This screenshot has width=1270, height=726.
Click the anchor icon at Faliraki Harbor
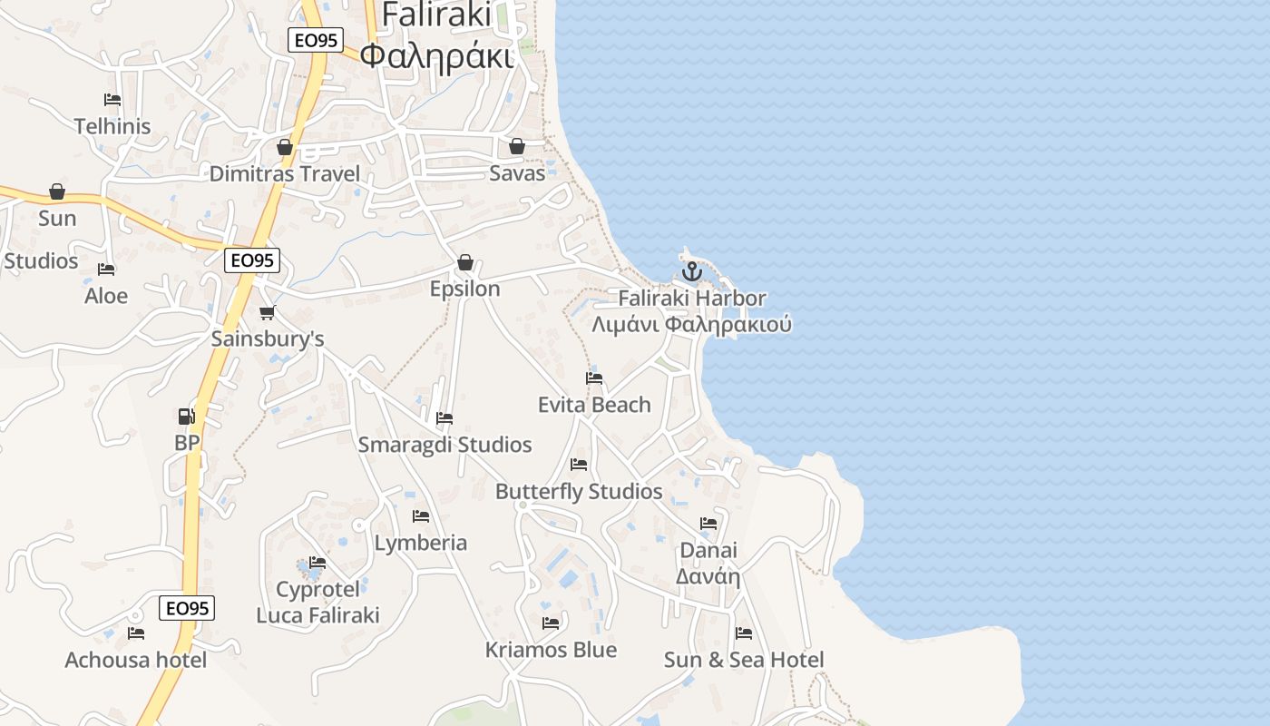692,270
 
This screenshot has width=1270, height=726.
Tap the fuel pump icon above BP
186,417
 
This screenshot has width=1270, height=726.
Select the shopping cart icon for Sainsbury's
267,313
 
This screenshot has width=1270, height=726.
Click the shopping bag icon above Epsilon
465,262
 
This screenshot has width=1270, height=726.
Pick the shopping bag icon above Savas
517,146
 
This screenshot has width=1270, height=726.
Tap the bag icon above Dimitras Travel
285,147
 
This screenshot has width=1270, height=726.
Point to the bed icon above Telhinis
112,100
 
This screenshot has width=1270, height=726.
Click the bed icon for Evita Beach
594,378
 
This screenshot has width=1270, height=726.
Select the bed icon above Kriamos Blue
551,623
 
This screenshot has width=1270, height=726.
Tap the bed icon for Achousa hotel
136,633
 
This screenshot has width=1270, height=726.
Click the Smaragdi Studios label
444,445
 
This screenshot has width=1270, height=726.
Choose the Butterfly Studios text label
579,492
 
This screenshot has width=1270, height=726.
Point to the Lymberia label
421,543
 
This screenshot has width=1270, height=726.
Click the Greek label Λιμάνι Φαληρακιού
691,325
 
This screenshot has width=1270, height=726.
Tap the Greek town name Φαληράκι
436,54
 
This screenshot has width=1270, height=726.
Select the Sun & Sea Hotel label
744,660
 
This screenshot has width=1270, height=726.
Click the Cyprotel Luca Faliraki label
317,603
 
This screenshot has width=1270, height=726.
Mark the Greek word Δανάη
708,576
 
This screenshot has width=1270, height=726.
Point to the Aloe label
106,296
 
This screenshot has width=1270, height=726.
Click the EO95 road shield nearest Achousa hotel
187,608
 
